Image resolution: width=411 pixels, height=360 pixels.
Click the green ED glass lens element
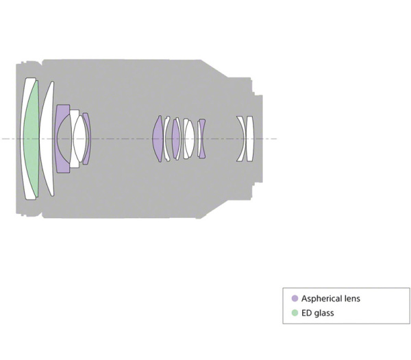click(x=32, y=139)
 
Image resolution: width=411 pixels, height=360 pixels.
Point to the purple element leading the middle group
click(x=158, y=139)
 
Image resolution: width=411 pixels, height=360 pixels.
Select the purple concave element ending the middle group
click(x=201, y=139)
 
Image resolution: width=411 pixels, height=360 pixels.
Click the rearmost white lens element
click(x=250, y=139)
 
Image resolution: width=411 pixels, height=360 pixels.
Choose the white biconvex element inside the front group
click(x=79, y=139)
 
